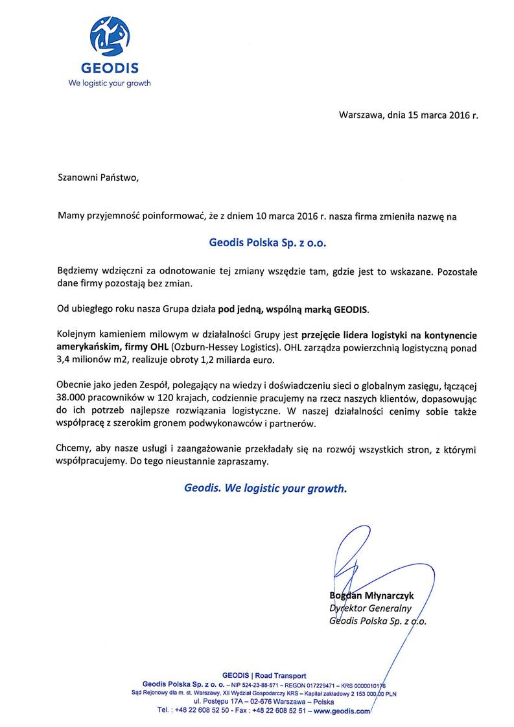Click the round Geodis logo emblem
[110, 36]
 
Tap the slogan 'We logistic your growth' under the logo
[110, 83]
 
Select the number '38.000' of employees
[75, 397]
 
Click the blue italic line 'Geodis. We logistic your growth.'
[266, 489]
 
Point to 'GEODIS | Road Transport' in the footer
[264, 676]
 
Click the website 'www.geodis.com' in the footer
[341, 710]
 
